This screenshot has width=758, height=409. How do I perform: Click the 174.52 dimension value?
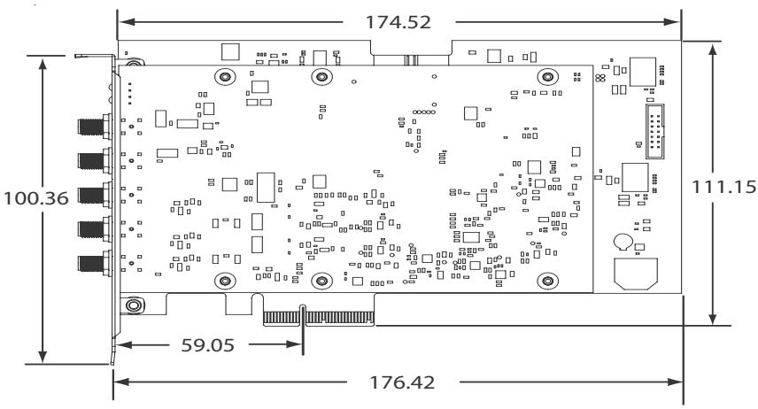[398, 22]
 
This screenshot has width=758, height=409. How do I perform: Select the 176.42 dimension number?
[402, 382]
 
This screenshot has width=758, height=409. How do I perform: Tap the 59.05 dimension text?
[208, 344]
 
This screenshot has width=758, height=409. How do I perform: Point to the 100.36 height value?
[36, 198]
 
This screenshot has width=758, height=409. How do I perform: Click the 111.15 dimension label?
[723, 187]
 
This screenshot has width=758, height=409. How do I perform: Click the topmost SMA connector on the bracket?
[95, 127]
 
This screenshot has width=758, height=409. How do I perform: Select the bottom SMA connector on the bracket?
[95, 264]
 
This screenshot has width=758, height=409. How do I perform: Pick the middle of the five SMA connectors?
[95, 195]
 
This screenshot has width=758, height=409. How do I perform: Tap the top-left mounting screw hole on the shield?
[225, 76]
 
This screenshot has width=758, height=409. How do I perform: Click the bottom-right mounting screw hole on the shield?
[548, 281]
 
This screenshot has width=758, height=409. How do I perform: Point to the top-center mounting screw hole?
[322, 76]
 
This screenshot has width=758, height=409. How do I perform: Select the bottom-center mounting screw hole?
[322, 281]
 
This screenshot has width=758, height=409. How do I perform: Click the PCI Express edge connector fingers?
[319, 317]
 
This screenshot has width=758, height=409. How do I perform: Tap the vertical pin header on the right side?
[655, 131]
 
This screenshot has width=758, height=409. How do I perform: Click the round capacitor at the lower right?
[623, 242]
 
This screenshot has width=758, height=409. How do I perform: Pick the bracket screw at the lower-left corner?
[134, 305]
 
